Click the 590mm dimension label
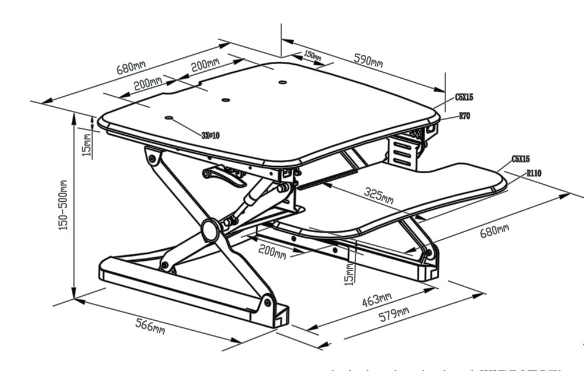tap(369, 60)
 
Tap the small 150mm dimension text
tap(313, 55)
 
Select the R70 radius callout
tap(464, 116)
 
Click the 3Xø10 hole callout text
tap(210, 135)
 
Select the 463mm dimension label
tap(377, 300)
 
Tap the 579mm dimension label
tap(394, 314)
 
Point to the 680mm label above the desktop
tap(131, 66)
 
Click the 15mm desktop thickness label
tap(86, 145)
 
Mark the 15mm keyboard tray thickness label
tap(349, 274)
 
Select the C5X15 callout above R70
tap(464, 97)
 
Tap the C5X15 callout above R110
tap(520, 159)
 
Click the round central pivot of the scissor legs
tap(210, 230)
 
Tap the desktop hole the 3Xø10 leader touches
tap(169, 118)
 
